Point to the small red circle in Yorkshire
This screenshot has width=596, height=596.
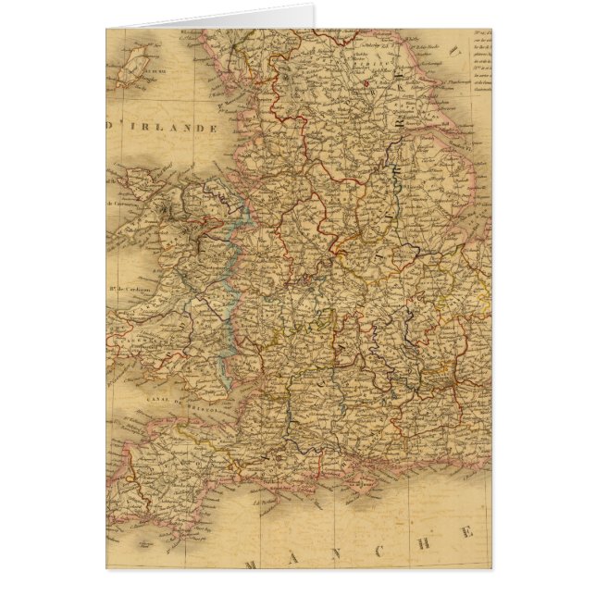tap(371, 89)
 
